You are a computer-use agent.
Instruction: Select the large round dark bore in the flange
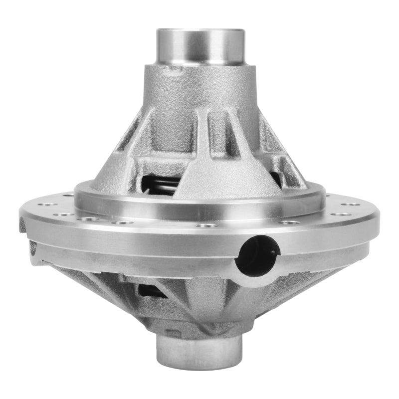pos(255,256)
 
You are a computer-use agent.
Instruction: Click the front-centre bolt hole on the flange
pos(206,225)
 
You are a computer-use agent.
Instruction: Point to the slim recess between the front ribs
pos(216,131)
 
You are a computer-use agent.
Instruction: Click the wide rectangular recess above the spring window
pos(158,164)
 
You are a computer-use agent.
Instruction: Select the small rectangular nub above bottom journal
pos(172,332)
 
